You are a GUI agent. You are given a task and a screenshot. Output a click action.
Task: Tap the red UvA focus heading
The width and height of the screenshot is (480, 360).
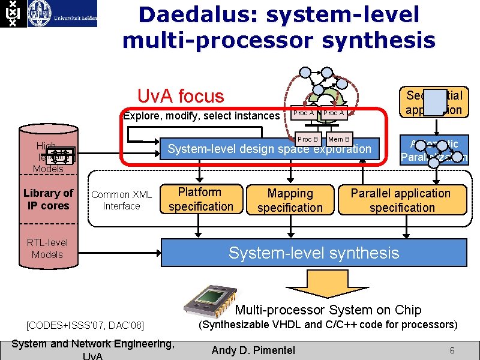coord(181,96)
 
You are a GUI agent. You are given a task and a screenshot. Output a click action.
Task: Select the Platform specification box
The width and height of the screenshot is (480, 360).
coord(200,199)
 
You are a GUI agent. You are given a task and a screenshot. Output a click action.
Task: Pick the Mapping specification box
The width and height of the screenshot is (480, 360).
coord(290,200)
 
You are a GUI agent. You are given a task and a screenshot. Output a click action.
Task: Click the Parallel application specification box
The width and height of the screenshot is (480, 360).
coord(401,200)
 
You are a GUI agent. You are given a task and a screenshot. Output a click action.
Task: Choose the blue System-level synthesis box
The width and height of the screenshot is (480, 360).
coord(314,253)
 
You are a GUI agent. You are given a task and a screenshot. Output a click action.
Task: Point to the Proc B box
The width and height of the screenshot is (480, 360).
coord(307,139)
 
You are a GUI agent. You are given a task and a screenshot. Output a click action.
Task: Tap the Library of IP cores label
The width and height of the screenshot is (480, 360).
coord(48,199)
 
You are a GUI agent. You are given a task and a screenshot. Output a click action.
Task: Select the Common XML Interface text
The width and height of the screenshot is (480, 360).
coord(121,200)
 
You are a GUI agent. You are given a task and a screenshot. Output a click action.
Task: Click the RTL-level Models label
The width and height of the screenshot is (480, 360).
coord(47,248)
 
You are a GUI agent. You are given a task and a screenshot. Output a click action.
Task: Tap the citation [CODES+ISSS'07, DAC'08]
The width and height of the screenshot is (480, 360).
coord(85,325)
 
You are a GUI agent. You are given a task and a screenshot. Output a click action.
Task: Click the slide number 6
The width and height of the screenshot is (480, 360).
coord(452,349)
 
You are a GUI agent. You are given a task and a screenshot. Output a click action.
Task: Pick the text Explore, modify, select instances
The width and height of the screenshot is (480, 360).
coord(201,116)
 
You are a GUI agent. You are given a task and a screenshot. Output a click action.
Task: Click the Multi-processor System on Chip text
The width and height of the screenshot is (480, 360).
coord(328,310)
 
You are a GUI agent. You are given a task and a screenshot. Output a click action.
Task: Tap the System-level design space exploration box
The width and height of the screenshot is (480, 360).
coord(269,149)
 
